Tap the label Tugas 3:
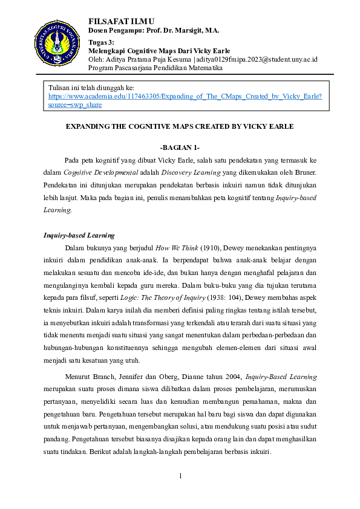point(102,42)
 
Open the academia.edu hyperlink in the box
point(185,96)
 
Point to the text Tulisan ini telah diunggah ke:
point(91,88)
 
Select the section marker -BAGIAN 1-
point(180,148)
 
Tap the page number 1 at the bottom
point(180,476)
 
